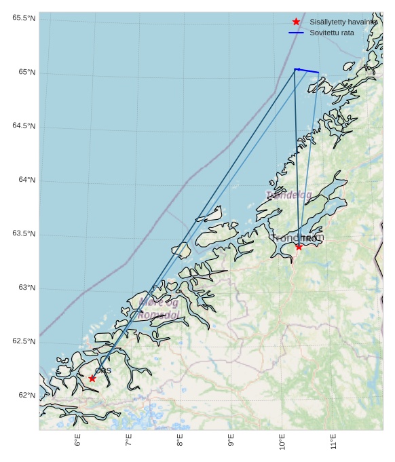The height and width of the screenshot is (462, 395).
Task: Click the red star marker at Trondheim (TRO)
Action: (x=299, y=246)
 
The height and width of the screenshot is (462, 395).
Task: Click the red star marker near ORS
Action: (x=92, y=378)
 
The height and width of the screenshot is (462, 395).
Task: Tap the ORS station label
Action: (x=103, y=370)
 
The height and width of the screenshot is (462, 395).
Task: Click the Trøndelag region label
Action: (x=289, y=195)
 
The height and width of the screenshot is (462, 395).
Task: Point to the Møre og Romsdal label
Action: (x=159, y=309)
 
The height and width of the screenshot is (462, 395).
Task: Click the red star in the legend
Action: (x=296, y=22)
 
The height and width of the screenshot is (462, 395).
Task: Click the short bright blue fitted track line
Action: (x=307, y=71)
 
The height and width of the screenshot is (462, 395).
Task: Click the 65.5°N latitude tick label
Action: (x=24, y=18)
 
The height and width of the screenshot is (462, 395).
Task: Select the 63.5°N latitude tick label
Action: (x=24, y=234)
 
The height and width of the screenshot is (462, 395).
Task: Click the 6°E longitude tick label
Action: (x=78, y=440)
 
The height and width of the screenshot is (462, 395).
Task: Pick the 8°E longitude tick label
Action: (x=180, y=440)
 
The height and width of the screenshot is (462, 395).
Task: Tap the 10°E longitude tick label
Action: (x=282, y=442)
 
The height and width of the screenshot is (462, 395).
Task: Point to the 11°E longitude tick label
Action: (x=333, y=442)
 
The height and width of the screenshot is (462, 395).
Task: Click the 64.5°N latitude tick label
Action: (x=24, y=126)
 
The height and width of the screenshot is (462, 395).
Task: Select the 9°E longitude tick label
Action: (x=231, y=440)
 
